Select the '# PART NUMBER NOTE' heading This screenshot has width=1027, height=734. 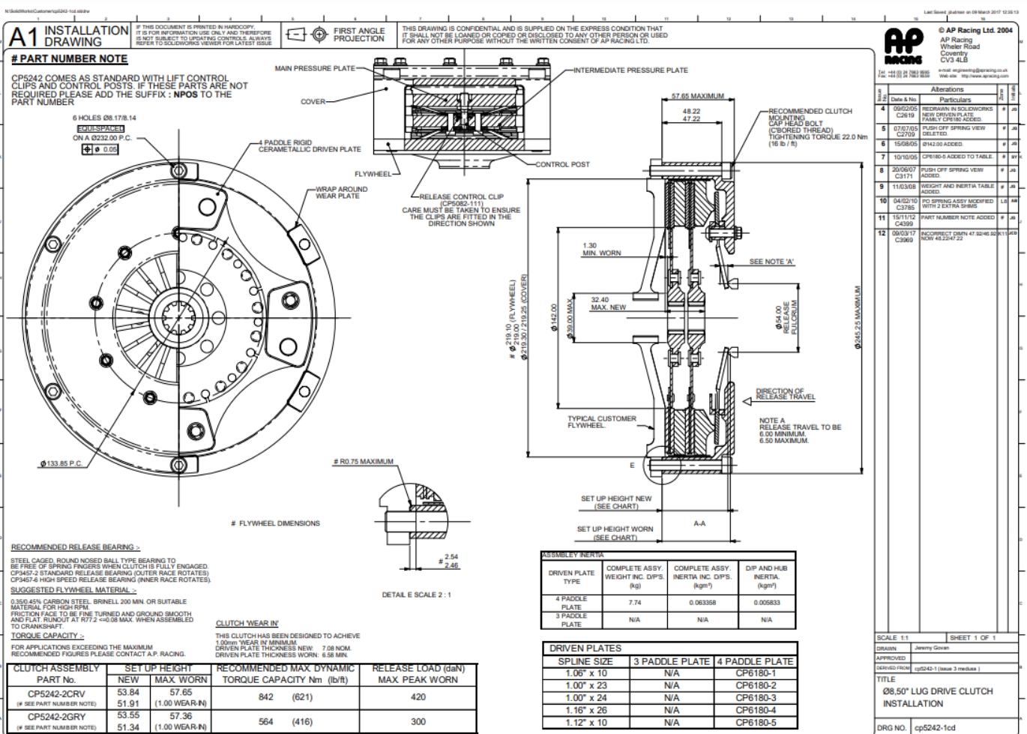click(x=70, y=58)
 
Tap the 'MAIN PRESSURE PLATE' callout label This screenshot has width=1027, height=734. click(x=315, y=68)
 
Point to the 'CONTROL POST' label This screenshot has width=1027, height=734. click(x=562, y=164)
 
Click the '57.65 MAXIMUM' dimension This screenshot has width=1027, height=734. click(x=697, y=96)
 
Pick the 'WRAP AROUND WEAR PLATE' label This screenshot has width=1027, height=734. click(x=341, y=193)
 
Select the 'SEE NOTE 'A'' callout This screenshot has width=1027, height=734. click(x=771, y=262)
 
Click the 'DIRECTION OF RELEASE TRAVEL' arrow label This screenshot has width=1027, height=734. click(x=785, y=394)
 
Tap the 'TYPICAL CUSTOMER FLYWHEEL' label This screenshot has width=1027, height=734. click(x=601, y=422)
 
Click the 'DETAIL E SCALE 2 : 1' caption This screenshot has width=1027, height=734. click(x=416, y=595)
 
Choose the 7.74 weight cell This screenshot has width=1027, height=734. click(x=634, y=603)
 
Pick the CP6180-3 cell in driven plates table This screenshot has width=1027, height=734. click(x=755, y=698)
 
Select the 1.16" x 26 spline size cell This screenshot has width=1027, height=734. click(x=585, y=710)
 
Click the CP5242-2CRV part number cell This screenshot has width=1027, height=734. click(x=56, y=694)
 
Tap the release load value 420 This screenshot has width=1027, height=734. click(x=418, y=697)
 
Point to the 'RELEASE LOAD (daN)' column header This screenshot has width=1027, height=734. click(x=418, y=668)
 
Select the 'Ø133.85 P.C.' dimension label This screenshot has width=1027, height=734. click(x=61, y=464)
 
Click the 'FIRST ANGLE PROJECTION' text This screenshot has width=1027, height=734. click(x=358, y=34)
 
